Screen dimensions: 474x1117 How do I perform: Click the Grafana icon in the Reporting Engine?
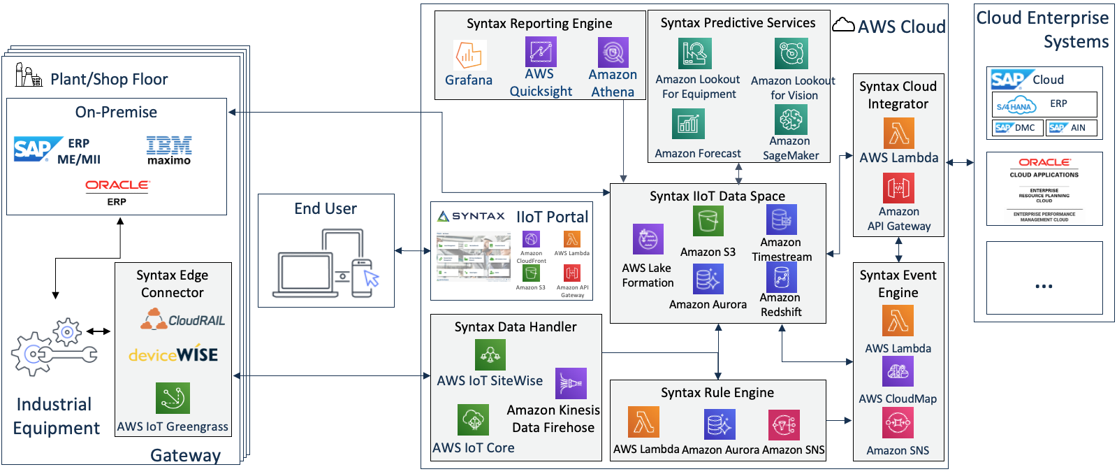(x=469, y=55)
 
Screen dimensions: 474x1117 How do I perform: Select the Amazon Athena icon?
(x=613, y=52)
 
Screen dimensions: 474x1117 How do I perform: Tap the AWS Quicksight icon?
(x=541, y=52)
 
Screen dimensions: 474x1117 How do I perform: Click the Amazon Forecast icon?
(x=688, y=124)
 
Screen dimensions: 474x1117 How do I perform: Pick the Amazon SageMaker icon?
(x=791, y=120)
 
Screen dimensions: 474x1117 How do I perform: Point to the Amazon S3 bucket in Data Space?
(x=708, y=221)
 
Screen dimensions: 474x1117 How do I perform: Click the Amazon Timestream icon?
(x=781, y=220)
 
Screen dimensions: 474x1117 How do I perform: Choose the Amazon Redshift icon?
(x=781, y=277)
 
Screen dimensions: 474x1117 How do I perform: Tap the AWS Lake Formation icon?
(x=648, y=239)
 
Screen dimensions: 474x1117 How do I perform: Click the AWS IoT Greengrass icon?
(x=173, y=398)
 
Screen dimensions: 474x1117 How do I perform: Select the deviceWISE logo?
(x=173, y=354)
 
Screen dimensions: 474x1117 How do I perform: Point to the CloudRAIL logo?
(x=182, y=320)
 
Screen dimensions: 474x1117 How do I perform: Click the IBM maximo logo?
(x=168, y=150)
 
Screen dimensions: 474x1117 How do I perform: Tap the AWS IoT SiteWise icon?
(x=490, y=355)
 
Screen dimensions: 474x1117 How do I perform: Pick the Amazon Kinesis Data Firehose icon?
(x=571, y=383)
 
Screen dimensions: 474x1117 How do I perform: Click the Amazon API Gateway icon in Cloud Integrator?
(x=898, y=187)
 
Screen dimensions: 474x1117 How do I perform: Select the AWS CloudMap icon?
(x=898, y=372)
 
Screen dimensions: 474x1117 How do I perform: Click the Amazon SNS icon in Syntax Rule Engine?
(x=784, y=424)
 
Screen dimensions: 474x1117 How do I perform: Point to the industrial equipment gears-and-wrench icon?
(x=54, y=347)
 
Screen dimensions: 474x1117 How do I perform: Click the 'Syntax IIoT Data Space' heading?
(x=717, y=196)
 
